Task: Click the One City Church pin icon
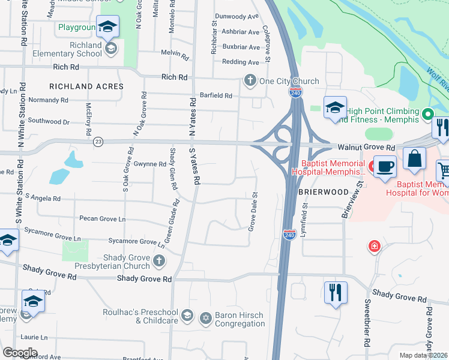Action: (249, 80)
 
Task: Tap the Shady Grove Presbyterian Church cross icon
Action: (158, 260)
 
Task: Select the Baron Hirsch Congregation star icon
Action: (205, 317)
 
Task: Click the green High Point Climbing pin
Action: (427, 113)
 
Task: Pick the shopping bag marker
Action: (414, 159)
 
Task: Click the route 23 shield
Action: (98, 142)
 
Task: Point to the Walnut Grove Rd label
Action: (366, 147)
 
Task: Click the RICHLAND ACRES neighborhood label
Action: (86, 86)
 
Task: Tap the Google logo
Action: (20, 353)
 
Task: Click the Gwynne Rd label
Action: (150, 164)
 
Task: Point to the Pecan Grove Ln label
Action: (101, 220)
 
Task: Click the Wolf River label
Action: (436, 77)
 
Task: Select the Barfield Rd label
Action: (216, 95)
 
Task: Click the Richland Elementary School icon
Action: (110, 49)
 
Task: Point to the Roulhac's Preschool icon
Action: (187, 316)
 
